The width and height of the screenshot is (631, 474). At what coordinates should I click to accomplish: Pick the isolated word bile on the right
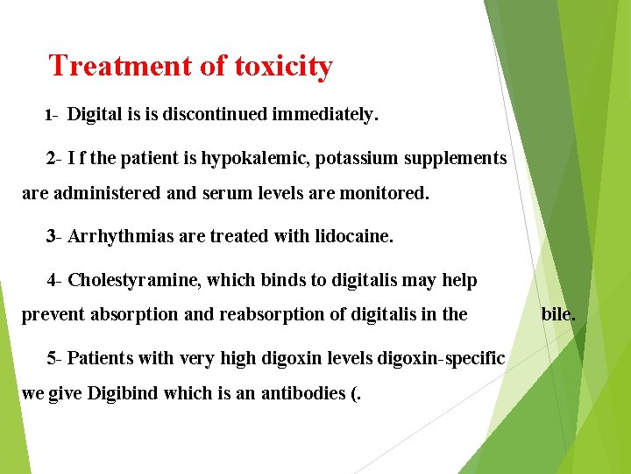[x=558, y=313]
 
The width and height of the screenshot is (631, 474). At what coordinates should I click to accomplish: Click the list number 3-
[x=54, y=237]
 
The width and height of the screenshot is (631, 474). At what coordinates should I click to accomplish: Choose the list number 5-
[x=54, y=358]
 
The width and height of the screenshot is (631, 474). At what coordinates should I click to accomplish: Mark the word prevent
[x=52, y=314]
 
